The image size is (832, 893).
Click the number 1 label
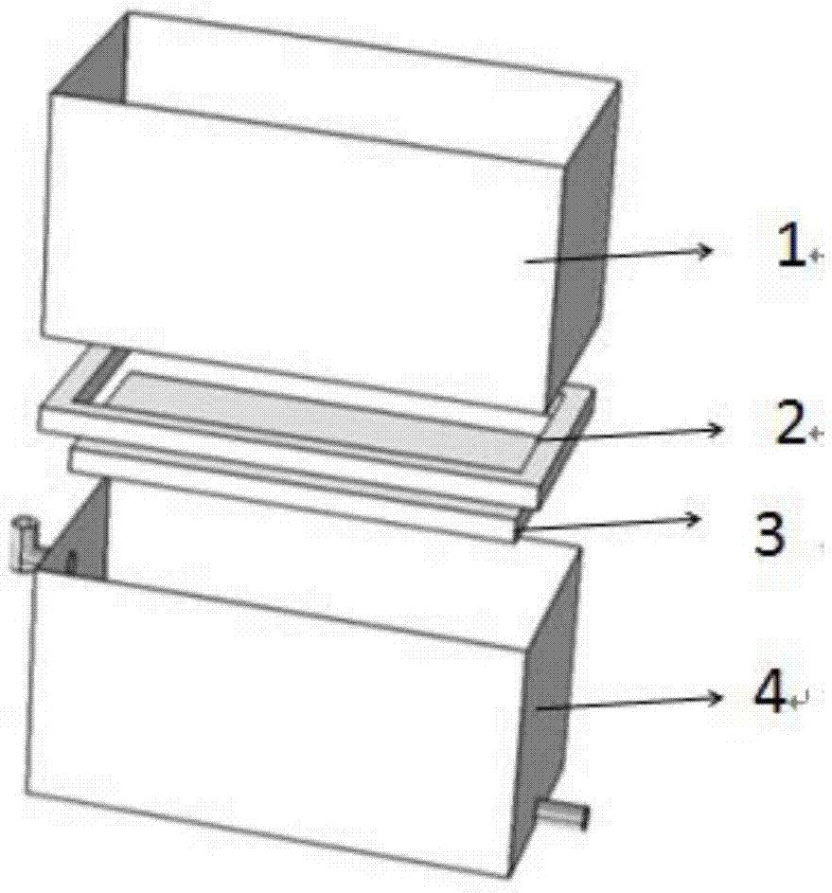pos(792,245)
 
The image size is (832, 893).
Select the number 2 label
pos(790,423)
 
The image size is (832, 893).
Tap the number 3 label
pos(769,532)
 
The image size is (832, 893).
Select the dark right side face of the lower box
pos(549,701)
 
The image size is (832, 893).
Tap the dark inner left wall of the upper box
pos(91,63)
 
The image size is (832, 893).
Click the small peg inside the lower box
pos(72,561)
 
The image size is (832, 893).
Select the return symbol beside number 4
pos(799,700)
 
